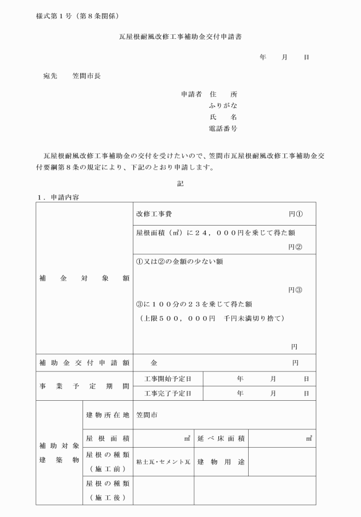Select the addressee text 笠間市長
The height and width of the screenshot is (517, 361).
(87, 76)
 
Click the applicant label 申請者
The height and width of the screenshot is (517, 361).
(191, 94)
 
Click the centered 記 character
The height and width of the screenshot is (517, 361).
(180, 184)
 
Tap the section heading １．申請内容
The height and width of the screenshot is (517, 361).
(58, 197)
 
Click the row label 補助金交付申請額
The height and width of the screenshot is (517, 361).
(84, 362)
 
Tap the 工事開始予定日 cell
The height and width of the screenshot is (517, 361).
(168, 378)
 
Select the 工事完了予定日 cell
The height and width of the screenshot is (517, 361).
(168, 393)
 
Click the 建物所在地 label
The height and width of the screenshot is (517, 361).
(107, 415)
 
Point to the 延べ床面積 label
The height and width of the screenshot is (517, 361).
(221, 439)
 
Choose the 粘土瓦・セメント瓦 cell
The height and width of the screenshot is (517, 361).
(163, 462)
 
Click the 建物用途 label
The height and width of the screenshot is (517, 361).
(221, 461)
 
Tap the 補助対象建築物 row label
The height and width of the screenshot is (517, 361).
(60, 452)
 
